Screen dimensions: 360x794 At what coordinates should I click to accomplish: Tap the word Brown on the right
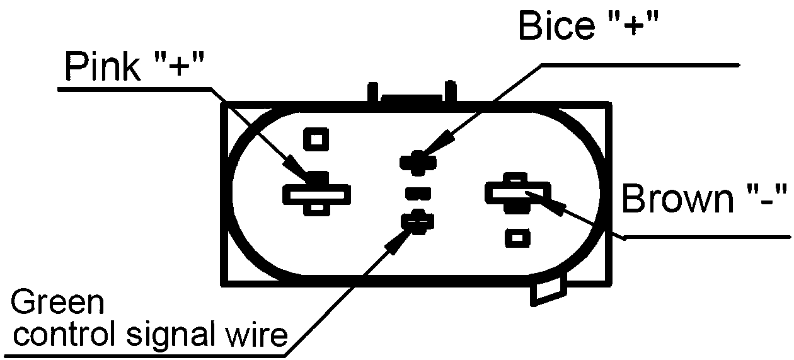tap(672, 200)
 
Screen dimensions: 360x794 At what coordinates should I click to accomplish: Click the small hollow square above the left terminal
tap(316, 138)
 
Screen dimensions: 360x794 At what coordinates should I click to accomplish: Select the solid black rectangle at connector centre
tap(418, 192)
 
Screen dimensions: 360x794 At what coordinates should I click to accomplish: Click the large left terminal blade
tap(316, 194)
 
